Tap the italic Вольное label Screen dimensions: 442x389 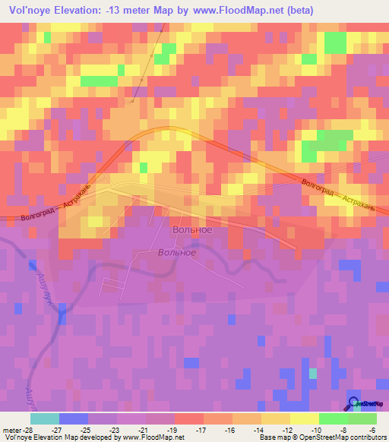coord(177,253)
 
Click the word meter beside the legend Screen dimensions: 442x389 coord(9,429)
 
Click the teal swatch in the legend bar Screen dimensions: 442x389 coord(45,418)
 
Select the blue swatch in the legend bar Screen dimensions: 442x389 coord(74,418)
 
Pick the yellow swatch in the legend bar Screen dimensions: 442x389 coord(304,418)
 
